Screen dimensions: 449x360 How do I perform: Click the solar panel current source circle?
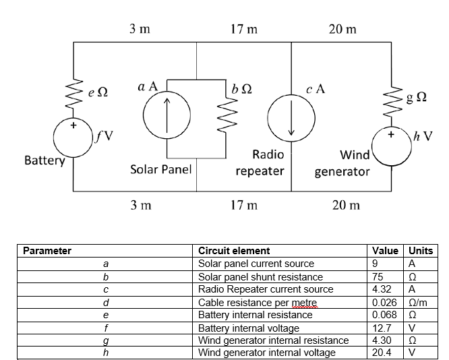pos(144,115)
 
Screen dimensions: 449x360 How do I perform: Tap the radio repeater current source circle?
pos(268,118)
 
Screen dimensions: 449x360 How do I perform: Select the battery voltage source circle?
pos(54,138)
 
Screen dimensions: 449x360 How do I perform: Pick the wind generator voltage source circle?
pos(372,146)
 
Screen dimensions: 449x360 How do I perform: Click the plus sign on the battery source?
pos(73,125)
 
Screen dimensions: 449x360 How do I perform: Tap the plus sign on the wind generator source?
pos(391,134)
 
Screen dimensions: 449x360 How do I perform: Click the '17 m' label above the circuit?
pos(244,29)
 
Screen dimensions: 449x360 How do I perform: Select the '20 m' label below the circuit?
pos(346,205)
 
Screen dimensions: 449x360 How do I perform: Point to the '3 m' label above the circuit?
pos(140,29)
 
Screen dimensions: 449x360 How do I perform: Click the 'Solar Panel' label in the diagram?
pos(161,169)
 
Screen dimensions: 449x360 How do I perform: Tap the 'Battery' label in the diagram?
pos(44,160)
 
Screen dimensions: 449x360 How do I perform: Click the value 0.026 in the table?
pos(384,303)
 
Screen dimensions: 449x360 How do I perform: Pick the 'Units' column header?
pos(421,251)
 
